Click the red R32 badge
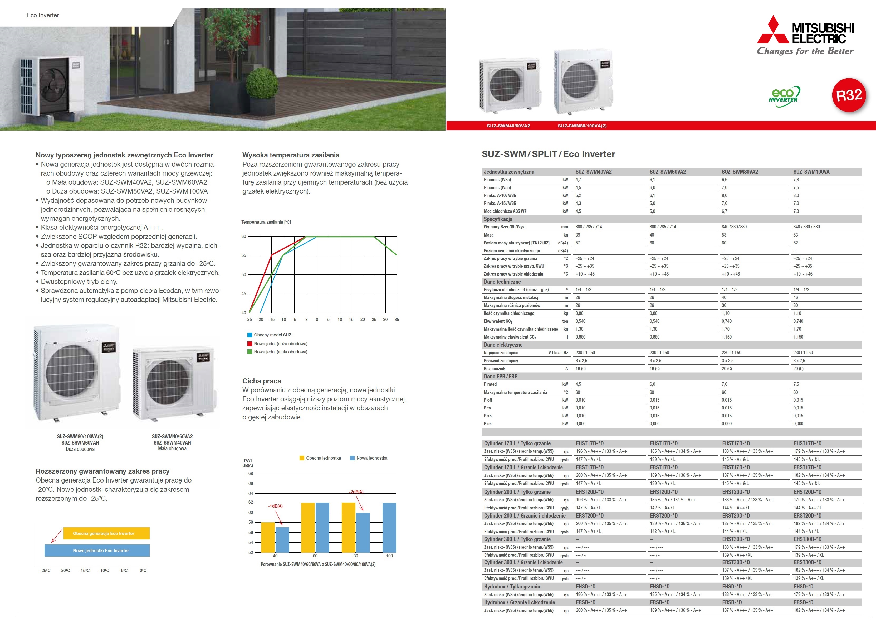[x=849, y=95]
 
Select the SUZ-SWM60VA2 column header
[x=667, y=172]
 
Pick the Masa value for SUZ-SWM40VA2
[x=578, y=235]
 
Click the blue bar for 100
[x=389, y=527]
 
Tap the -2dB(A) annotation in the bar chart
[x=356, y=492]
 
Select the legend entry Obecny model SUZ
[x=272, y=335]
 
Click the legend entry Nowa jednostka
[x=371, y=458]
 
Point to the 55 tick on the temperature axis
[x=244, y=255]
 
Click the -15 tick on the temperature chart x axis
[x=272, y=320]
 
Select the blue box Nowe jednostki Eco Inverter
[x=97, y=551]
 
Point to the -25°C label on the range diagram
[x=45, y=571]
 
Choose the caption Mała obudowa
[x=172, y=449]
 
